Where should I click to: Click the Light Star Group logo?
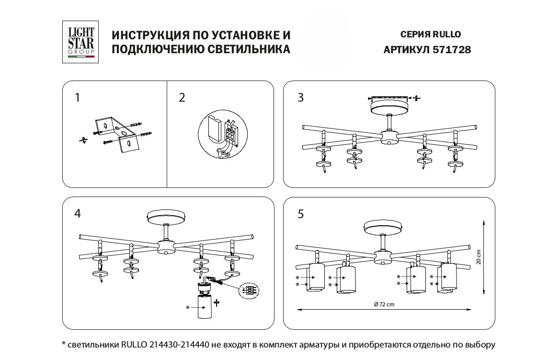(80, 42)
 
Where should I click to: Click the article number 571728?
(451, 50)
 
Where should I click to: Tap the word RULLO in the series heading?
(447, 35)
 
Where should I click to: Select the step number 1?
(78, 98)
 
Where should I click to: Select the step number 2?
(182, 98)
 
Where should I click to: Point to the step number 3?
(301, 98)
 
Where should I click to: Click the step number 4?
(78, 213)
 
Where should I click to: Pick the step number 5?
(301, 214)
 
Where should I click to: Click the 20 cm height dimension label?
(479, 256)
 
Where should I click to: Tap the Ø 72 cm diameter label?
(384, 304)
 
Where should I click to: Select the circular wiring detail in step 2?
(223, 135)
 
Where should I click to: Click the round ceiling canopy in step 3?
(389, 107)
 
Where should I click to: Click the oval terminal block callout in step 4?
(249, 290)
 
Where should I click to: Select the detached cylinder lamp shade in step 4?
(205, 306)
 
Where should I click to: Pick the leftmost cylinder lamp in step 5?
(315, 277)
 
